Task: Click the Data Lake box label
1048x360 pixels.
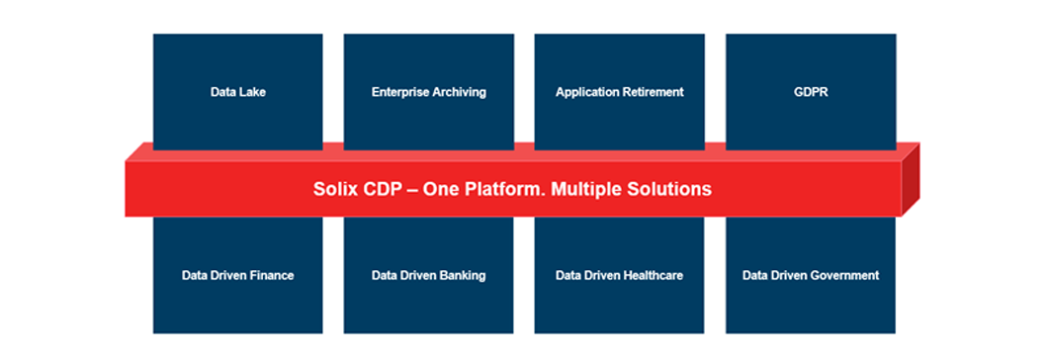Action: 238,92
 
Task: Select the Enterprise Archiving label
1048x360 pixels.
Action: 428,92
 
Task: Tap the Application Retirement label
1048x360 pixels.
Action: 620,92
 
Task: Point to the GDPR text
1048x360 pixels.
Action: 811,92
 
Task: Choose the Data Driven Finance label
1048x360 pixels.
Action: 238,275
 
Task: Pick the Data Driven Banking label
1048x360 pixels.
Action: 428,275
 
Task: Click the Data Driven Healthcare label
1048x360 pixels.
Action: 620,275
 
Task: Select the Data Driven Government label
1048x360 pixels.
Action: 811,275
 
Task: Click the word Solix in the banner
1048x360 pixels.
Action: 335,189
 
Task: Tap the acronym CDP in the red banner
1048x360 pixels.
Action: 381,189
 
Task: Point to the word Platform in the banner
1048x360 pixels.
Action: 502,189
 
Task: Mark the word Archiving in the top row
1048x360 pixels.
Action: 459,93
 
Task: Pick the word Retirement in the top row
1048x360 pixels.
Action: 652,92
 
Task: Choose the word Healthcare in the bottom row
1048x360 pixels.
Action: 654,275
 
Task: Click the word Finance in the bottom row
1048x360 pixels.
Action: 272,275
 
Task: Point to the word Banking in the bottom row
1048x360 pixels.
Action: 463,276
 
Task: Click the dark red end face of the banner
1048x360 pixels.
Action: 911,179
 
